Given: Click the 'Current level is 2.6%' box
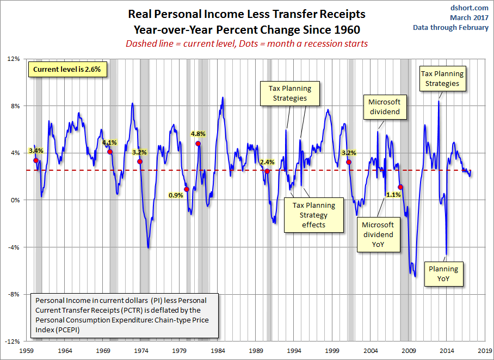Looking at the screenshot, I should pos(67,70).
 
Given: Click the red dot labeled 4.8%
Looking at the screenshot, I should pos(198,144).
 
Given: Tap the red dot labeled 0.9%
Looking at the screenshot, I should pos(187,189).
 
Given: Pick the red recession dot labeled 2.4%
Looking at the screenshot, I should pos(267,171).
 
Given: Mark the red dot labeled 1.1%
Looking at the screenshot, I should pos(400,187).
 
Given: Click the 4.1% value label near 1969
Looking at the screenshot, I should pos(109,143).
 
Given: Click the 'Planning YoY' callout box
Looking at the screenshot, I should pos(443,274).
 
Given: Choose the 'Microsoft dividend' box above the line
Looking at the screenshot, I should pos(384,107).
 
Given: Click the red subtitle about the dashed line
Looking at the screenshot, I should pos(247,44).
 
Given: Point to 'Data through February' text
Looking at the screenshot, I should pos(450,27).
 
